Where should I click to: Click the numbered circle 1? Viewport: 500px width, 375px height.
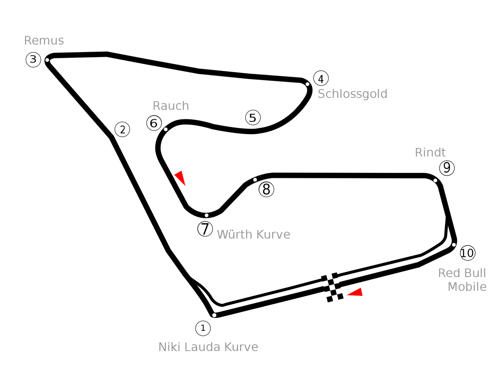pos(203,328)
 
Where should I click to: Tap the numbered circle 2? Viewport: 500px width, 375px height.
pos(122,130)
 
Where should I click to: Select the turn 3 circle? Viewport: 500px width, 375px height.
pos(33,60)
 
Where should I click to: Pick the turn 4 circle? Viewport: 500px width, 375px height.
pos(321,78)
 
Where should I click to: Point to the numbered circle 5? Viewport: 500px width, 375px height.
pos(253,117)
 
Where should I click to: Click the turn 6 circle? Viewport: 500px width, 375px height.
pos(154,123)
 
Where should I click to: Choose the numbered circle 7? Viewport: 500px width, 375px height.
pos(205,229)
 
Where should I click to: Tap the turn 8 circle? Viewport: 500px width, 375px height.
pos(267,190)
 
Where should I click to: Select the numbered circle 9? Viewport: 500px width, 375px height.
pos(447,168)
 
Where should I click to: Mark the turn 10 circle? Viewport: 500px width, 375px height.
pos(467,253)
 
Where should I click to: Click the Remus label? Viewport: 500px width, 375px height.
pos(44,40)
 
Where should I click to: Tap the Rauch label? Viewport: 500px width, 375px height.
pos(171,106)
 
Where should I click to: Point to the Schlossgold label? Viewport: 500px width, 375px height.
pos(352,94)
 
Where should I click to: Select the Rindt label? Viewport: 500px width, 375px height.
pos(430,152)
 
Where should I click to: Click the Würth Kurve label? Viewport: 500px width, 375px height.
pos(253,235)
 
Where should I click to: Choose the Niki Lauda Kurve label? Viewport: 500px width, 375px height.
pos(208,347)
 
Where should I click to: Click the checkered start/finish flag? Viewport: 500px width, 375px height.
pos(332,287)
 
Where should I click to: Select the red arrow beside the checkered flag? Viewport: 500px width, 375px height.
pos(355,292)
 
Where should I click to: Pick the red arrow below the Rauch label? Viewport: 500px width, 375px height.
pos(180,178)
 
